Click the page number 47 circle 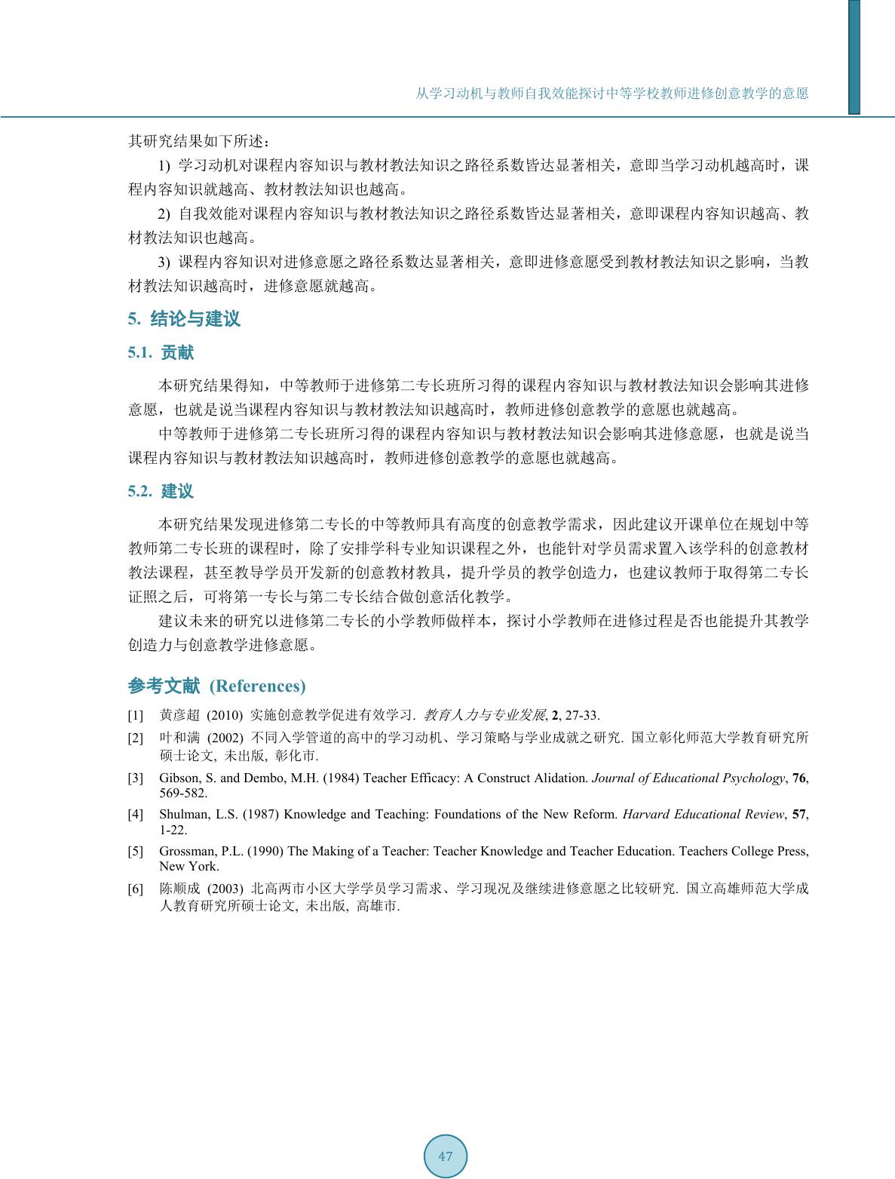[x=445, y=1156]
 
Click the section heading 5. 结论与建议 [x=184, y=319]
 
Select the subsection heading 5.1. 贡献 [x=161, y=353]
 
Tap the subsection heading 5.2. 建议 [x=161, y=492]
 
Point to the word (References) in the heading [x=257, y=686]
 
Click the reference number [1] [x=135, y=715]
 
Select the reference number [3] [x=135, y=778]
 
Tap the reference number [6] [x=135, y=889]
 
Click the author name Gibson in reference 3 [x=178, y=778]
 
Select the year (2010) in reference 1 [x=224, y=715]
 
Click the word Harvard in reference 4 [x=645, y=815]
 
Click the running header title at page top [x=612, y=94]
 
